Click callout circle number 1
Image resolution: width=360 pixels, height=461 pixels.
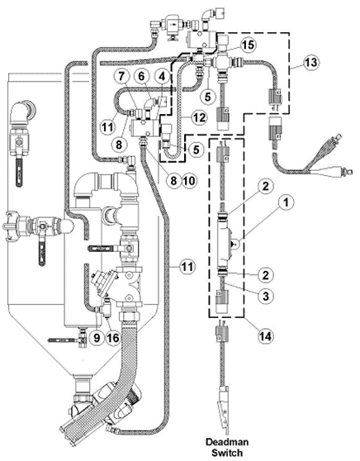287,202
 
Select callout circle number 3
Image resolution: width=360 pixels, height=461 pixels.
266,296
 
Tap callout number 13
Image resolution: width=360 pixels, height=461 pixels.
311,62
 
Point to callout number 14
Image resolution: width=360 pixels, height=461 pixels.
265,335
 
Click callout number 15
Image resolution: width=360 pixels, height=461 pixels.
248,45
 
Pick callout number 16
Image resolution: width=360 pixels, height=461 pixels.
113,338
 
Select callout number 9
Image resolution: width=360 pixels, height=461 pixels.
97,338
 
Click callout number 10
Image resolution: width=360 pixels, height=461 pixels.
190,180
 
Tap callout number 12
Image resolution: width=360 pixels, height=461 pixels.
199,117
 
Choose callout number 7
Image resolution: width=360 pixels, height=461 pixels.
121,77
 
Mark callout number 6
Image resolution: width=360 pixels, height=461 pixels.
142,77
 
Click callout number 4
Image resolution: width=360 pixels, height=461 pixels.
162,77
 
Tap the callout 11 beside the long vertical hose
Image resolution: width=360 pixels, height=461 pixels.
187,267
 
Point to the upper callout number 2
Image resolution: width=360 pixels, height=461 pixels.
265,187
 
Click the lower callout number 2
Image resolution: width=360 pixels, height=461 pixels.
265,275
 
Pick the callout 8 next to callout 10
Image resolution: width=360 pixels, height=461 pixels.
173,180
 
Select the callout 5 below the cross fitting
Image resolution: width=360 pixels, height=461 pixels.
208,96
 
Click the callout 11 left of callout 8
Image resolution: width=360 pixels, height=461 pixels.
107,127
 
